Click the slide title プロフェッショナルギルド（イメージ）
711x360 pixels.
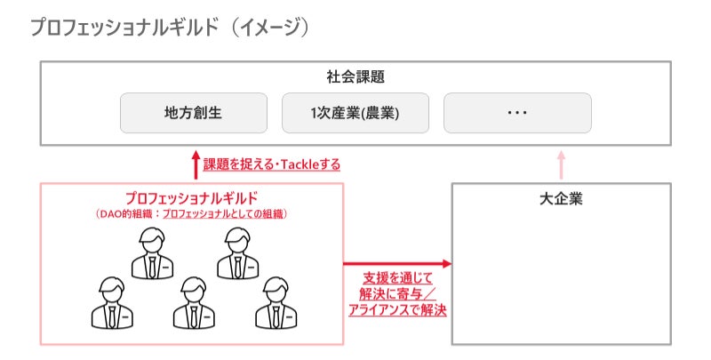(170, 28)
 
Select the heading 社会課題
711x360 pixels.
(355, 76)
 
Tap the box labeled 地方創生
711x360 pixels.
(194, 113)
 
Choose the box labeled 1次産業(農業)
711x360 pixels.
(355, 113)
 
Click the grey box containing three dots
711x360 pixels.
(517, 113)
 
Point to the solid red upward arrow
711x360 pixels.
(196, 165)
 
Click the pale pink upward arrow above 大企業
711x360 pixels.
(562, 165)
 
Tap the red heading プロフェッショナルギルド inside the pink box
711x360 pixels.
(192, 198)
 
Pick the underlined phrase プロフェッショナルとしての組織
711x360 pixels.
(223, 214)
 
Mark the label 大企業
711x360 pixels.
(562, 198)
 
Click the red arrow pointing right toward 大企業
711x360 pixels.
(397, 263)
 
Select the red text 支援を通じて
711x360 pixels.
(397, 278)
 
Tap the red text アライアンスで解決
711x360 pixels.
(397, 310)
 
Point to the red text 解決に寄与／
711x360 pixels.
(397, 294)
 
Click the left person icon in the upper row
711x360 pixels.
(152, 253)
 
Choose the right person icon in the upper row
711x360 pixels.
(238, 253)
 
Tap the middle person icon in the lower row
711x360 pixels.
(194, 303)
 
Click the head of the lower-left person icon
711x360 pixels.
(112, 289)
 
